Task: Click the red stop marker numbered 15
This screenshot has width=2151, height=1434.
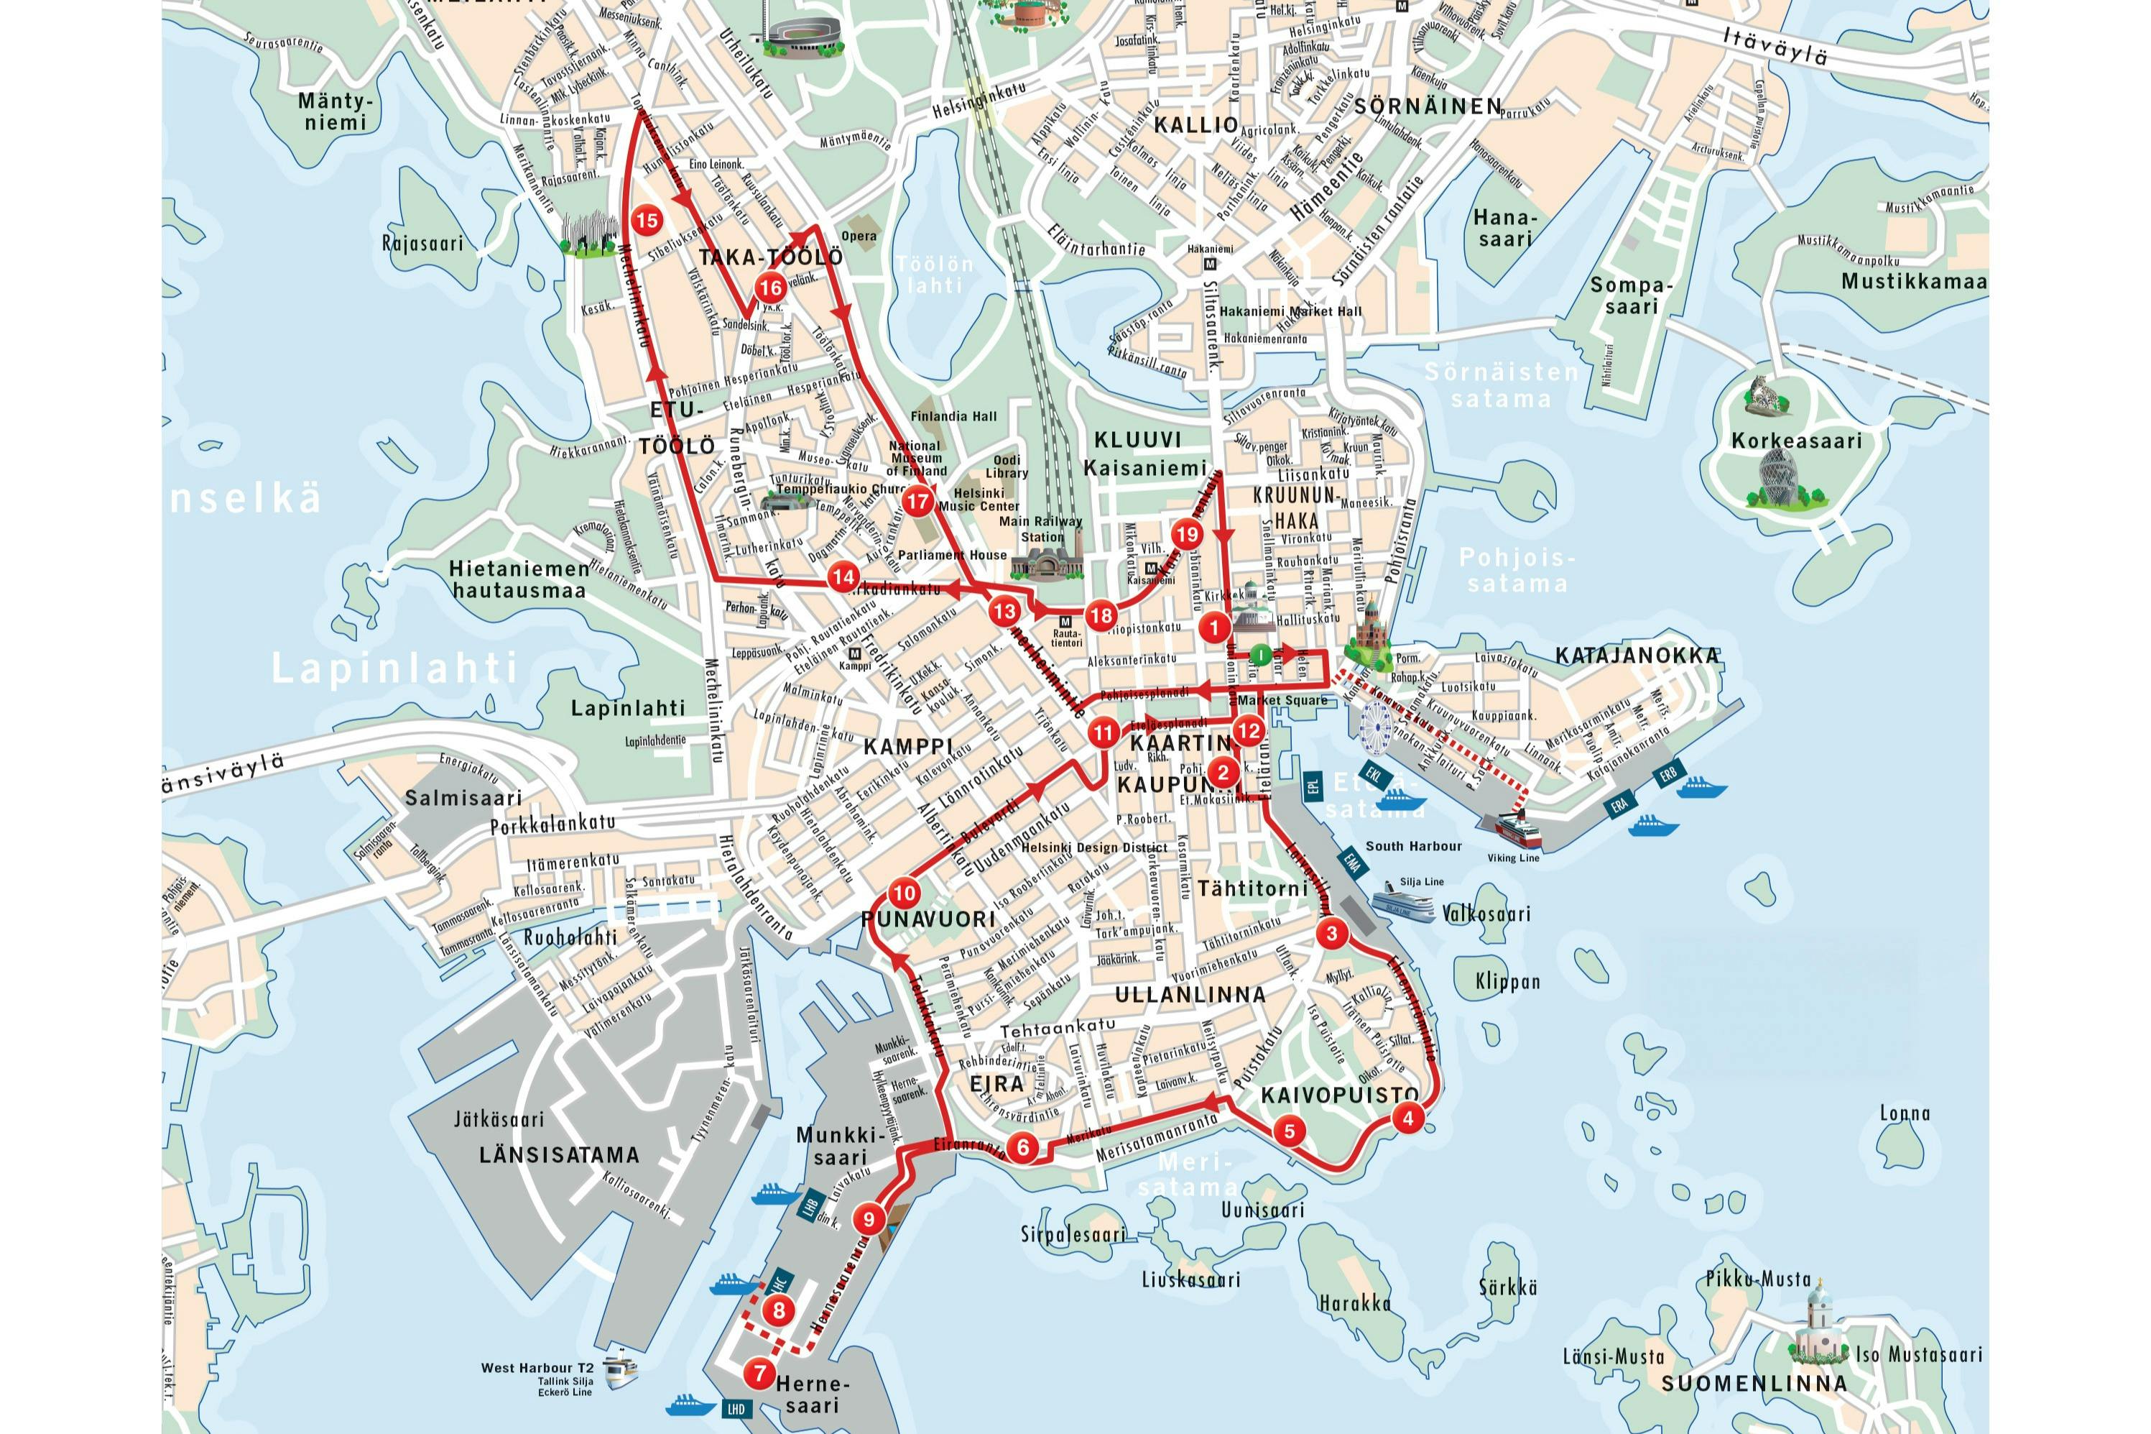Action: pyautogui.click(x=647, y=221)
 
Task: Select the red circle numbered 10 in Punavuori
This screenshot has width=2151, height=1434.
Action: pyautogui.click(x=903, y=893)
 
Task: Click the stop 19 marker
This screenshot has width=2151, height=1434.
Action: pyautogui.click(x=1187, y=535)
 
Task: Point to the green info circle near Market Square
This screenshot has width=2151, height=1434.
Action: pyautogui.click(x=1259, y=655)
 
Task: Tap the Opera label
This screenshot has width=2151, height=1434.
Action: pyautogui.click(x=859, y=236)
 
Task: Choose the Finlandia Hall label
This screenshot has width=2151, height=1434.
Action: pyautogui.click(x=953, y=416)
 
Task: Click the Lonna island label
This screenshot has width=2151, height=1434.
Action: pyautogui.click(x=1905, y=1113)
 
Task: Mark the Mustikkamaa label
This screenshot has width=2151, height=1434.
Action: pyautogui.click(x=1913, y=282)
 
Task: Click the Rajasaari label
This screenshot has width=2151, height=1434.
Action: pyautogui.click(x=422, y=243)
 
